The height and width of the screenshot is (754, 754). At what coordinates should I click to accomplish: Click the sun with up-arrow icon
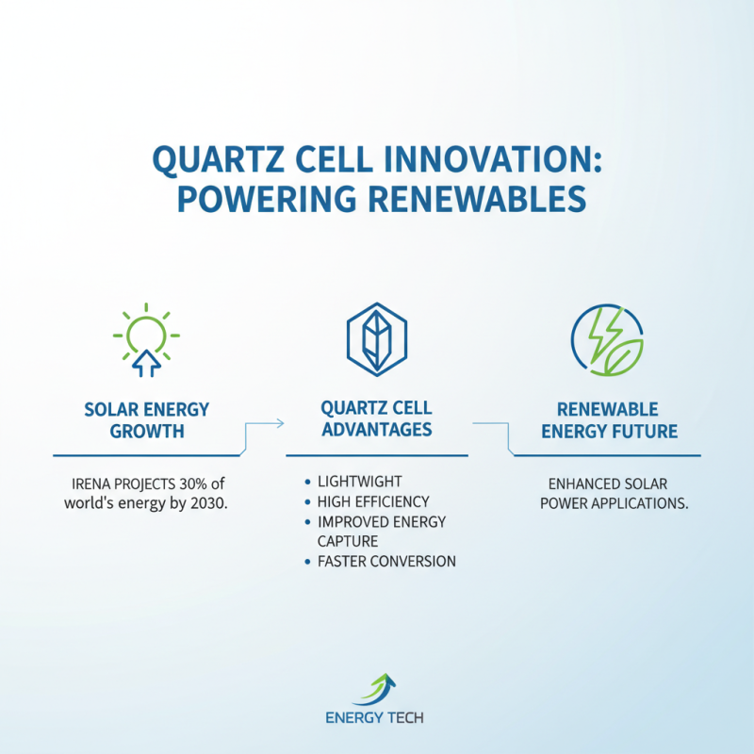146,336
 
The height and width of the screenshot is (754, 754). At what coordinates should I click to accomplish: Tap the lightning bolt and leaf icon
608,338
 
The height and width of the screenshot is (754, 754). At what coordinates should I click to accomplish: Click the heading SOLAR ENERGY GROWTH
145,420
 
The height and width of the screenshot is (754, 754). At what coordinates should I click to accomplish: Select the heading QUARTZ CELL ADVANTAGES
376,418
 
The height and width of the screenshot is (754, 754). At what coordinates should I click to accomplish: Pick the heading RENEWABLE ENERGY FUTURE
607,420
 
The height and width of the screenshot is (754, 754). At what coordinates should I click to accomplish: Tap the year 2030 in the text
210,502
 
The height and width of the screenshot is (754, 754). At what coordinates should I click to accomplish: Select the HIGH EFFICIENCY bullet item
375,501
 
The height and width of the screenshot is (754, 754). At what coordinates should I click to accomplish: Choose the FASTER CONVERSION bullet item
388,561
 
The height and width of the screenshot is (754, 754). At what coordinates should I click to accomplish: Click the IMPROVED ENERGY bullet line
383,521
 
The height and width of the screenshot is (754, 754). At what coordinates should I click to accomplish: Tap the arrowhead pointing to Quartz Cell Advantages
280,425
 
